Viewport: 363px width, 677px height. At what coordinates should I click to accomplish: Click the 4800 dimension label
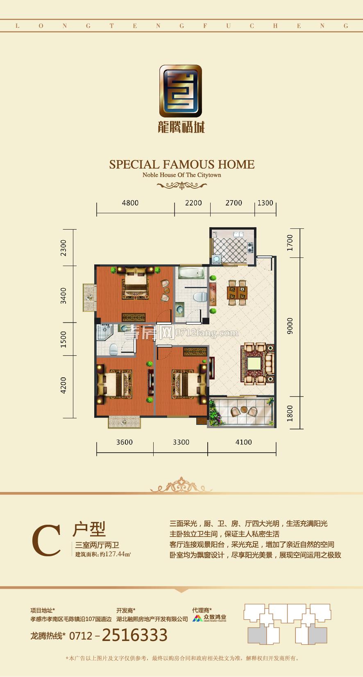pos(130,203)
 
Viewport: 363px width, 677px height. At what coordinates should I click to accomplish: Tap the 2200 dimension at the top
pos(193,203)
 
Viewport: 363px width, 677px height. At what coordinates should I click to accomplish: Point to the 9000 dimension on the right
pos(290,326)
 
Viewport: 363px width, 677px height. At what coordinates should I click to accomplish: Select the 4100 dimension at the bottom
pos(243,442)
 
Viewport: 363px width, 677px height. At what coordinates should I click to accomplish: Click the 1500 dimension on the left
pos(63,339)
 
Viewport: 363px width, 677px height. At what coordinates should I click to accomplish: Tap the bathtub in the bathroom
pos(191,273)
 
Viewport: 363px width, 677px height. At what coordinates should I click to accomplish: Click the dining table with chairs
pos(237,293)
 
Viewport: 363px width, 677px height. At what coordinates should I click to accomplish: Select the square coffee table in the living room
pos(254,363)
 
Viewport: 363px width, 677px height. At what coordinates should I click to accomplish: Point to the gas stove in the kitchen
pos(251,247)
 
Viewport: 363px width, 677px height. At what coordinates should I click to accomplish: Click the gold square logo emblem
pos(181,91)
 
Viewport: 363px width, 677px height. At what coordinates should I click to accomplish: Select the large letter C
pos(46,541)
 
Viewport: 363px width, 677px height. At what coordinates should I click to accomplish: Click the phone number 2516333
pos(135,635)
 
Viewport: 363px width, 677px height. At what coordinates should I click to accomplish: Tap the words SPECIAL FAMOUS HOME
pos(182,165)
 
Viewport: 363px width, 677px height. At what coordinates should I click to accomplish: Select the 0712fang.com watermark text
pos(207,333)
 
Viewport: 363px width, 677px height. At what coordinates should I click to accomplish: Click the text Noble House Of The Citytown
pos(182,175)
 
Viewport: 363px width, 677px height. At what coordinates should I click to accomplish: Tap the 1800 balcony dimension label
pos(290,413)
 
